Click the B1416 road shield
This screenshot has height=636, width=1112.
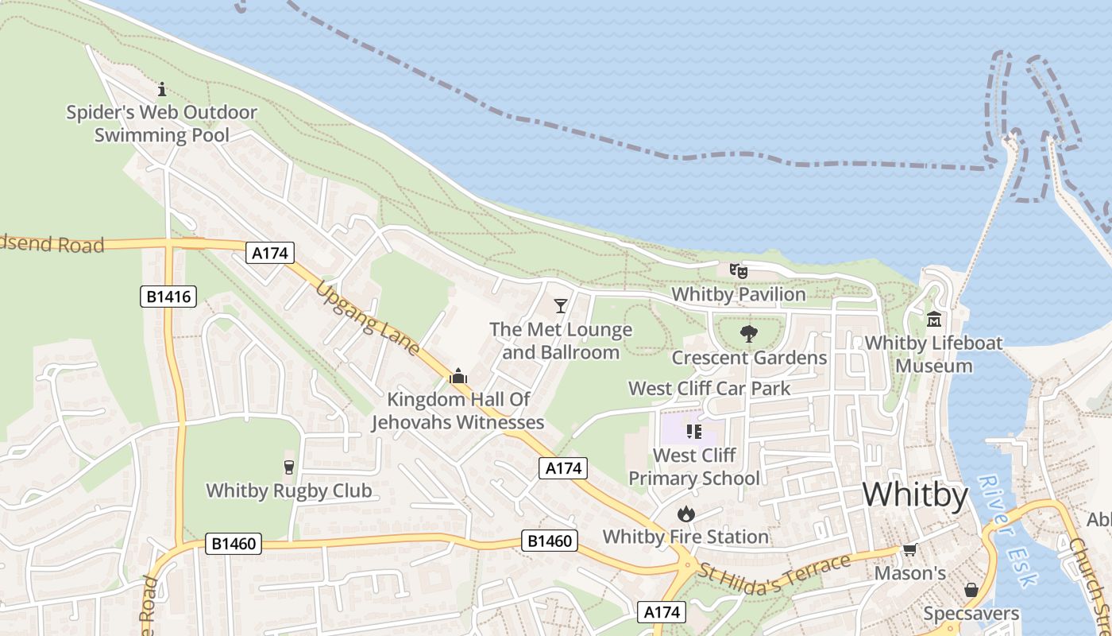tap(169, 297)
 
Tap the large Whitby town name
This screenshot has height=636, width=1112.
tap(915, 495)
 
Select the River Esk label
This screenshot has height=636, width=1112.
tap(1007, 529)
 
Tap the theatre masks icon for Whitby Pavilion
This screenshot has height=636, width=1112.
tap(739, 271)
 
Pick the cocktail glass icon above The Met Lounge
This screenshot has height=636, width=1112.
tap(561, 306)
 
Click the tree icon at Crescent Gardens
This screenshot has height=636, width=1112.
tap(748, 334)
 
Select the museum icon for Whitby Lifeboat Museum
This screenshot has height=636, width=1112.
tap(933, 320)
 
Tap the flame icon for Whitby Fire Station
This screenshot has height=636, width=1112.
tap(686, 514)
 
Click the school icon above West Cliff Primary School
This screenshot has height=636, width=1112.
tap(694, 432)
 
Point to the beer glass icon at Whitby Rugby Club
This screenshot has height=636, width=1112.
tap(289, 467)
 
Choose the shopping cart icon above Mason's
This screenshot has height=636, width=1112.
tap(909, 550)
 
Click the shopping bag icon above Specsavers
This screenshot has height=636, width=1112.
tap(971, 590)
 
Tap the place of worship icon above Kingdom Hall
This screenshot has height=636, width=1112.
tap(458, 376)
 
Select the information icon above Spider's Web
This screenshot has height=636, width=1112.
tap(162, 89)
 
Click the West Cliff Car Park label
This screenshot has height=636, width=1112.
tap(709, 389)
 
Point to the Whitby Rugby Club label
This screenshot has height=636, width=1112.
tap(289, 491)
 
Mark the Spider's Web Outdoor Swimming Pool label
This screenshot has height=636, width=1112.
tap(162, 123)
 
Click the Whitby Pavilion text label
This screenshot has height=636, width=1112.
tap(739, 294)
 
